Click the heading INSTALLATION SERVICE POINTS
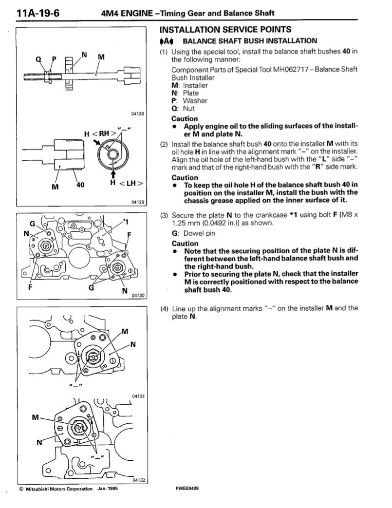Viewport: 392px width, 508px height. (226, 30)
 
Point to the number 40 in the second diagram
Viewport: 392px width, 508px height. (80, 185)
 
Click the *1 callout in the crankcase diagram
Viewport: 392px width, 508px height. (126, 222)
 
